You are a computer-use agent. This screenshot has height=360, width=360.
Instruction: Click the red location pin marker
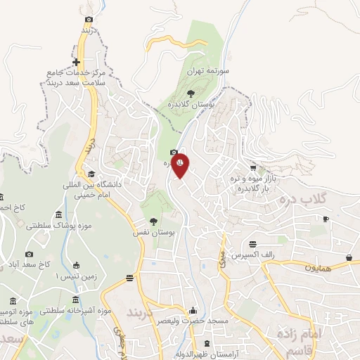tap(180, 165)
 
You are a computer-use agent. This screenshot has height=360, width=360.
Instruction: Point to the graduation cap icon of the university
tap(91, 174)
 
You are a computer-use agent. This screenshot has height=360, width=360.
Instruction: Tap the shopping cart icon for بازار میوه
tap(262, 169)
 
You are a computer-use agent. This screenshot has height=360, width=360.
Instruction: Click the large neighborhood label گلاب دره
tap(318, 199)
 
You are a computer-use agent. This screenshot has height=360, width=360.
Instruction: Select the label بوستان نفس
tap(155, 231)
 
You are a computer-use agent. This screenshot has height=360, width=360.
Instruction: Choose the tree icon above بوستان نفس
tap(153, 221)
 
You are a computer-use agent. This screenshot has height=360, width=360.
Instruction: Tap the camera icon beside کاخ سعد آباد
tap(29, 254)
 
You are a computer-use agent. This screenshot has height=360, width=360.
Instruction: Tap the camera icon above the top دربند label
tap(88, 20)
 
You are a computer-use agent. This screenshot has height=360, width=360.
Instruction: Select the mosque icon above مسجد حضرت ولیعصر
tap(193, 311)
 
